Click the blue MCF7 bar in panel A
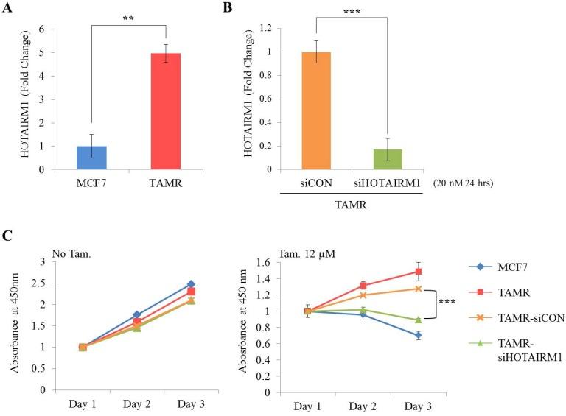pos(92,158)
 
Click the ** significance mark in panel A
pos(129,16)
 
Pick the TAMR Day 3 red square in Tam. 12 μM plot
pos(419,272)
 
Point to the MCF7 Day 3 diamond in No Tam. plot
pos(190,284)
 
